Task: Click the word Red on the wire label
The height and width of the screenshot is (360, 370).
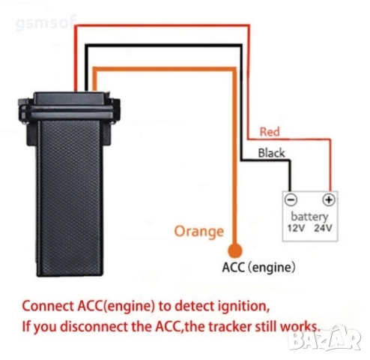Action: (x=269, y=133)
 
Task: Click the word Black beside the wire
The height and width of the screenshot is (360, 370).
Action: (x=271, y=152)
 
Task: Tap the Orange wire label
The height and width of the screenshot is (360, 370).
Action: (x=198, y=231)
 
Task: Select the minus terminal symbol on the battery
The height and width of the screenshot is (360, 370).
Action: (x=292, y=200)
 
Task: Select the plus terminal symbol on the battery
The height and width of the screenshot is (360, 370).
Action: (x=327, y=200)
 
